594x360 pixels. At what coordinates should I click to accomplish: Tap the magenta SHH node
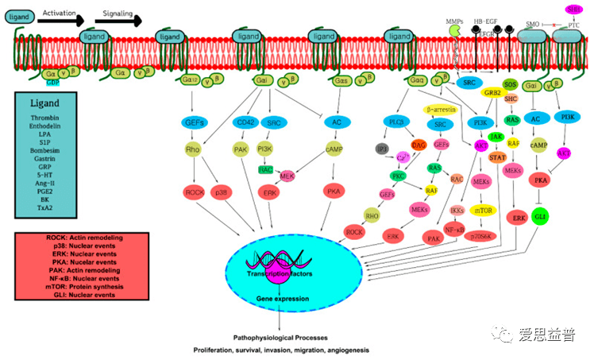[x=573, y=9]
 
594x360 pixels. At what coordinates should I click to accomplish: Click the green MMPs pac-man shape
[x=456, y=30]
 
